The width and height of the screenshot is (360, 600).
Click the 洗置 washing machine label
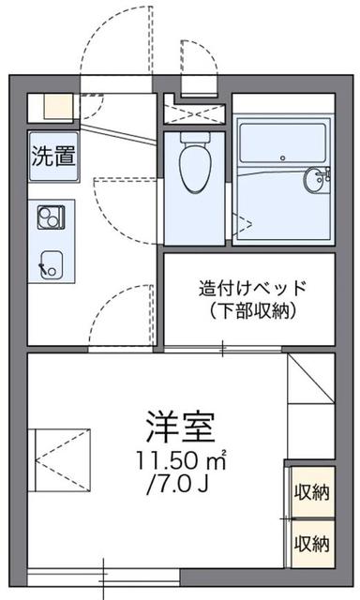pos(54,156)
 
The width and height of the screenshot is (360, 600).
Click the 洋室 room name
pos(180,427)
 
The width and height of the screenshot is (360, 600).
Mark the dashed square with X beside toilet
pos(192,111)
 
